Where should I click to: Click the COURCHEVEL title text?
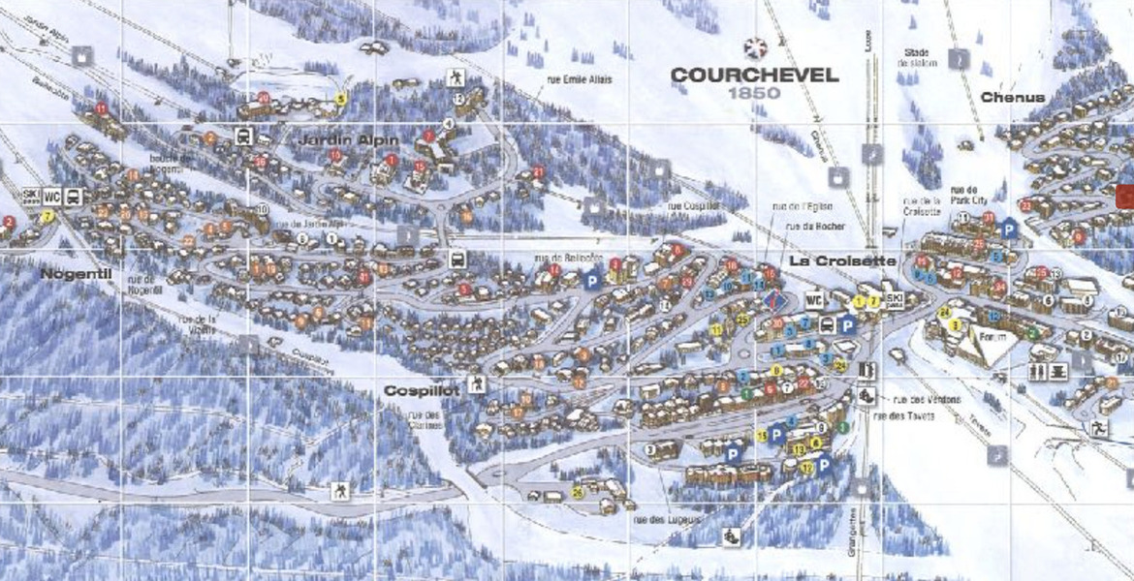click(x=754, y=76)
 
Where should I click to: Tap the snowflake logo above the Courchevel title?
click(x=753, y=48)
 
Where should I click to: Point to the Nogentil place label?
click(x=71, y=274)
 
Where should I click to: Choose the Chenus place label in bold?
click(x=1012, y=97)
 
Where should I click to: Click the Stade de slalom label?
click(x=918, y=57)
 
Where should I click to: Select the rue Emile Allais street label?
click(x=579, y=80)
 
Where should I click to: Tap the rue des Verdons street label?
click(x=920, y=400)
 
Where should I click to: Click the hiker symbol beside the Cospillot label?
click(x=476, y=384)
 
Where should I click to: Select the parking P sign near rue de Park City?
click(x=1008, y=229)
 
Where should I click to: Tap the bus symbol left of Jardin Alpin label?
click(x=244, y=138)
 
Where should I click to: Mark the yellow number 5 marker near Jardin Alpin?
click(x=340, y=99)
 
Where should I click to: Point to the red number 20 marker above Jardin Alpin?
click(x=264, y=98)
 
